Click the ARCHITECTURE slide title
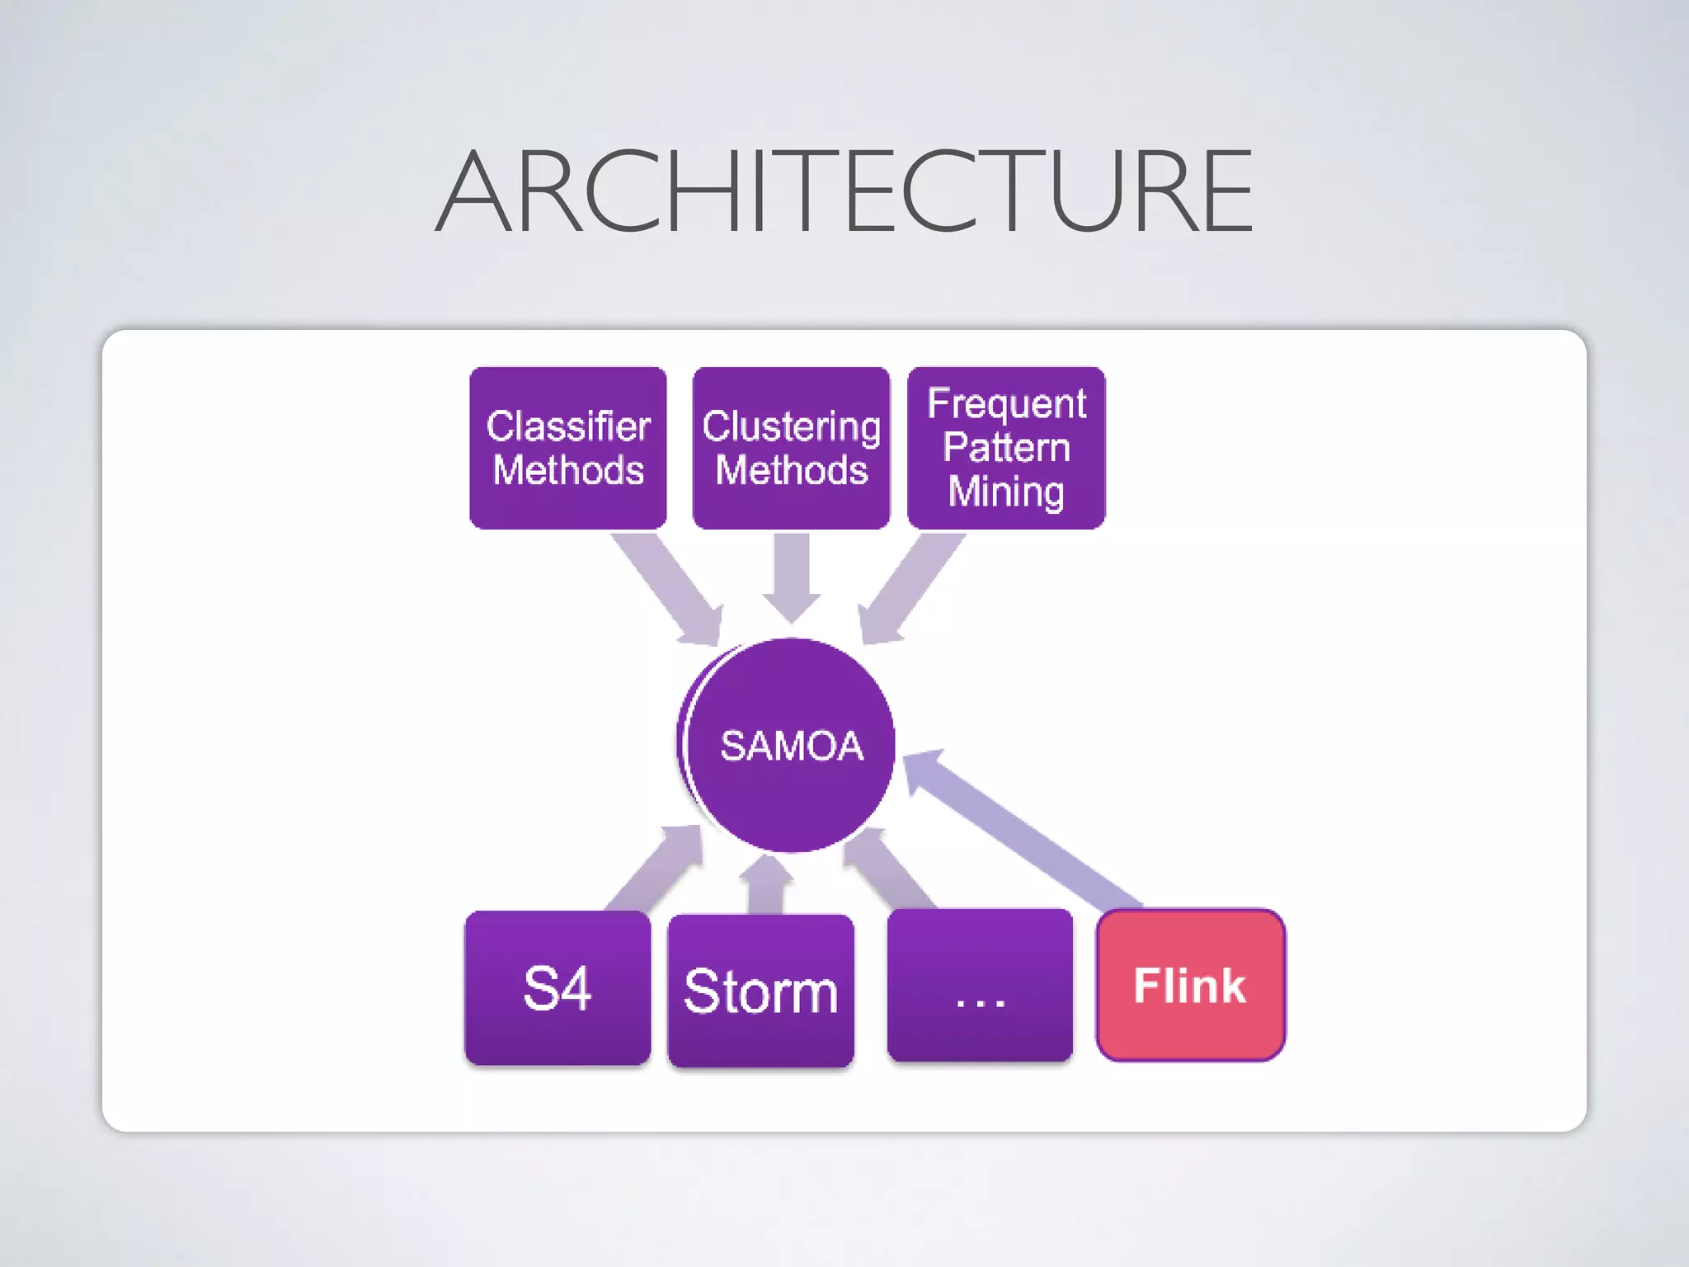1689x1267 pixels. point(844,191)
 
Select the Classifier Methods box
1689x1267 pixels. point(568,448)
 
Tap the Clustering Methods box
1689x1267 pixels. point(791,448)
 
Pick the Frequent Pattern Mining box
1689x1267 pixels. point(1006,448)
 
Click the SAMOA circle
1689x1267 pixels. point(790,745)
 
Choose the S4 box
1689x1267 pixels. point(558,987)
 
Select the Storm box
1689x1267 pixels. point(760,991)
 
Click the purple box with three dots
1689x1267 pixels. point(980,986)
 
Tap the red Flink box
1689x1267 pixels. point(1190,985)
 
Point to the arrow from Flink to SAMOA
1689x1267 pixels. point(1023,829)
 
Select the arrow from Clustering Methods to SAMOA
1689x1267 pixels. point(792,577)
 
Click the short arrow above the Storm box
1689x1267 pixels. point(767,887)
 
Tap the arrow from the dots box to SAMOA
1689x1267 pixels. point(891,870)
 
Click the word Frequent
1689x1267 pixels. point(1006,403)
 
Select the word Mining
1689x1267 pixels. point(1006,492)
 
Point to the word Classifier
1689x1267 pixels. point(568,426)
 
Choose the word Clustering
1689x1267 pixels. point(791,427)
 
